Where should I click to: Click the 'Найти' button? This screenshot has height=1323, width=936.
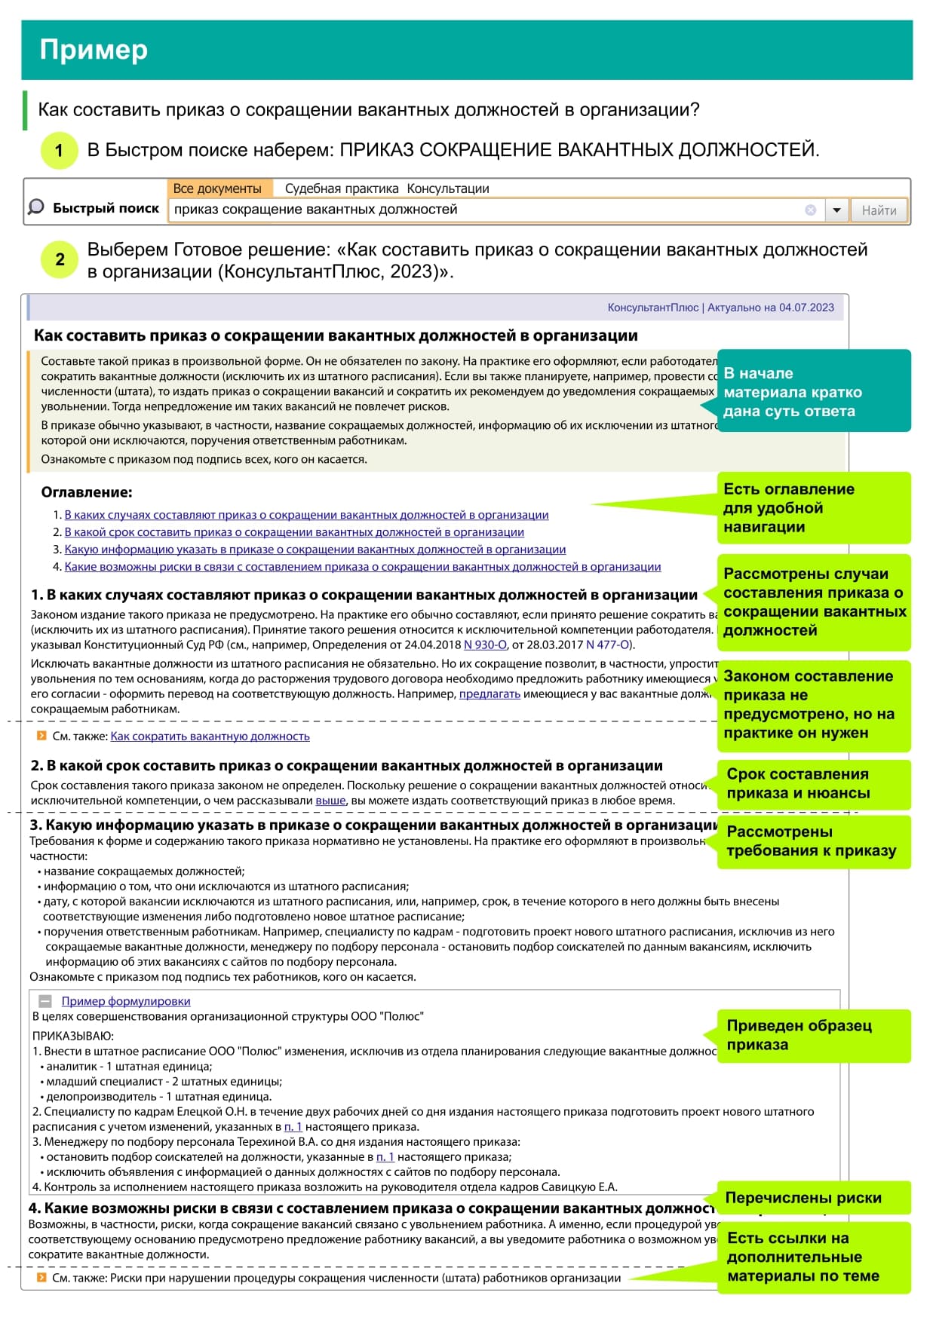[879, 210]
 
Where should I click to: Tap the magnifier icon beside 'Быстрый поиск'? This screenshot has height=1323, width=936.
[35, 207]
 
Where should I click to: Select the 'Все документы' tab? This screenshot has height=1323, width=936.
[217, 188]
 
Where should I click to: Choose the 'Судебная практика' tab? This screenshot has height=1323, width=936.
[341, 188]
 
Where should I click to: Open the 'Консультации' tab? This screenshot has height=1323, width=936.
[448, 188]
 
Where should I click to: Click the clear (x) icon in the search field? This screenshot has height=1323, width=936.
[811, 210]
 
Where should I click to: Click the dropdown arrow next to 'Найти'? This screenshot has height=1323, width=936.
[836, 210]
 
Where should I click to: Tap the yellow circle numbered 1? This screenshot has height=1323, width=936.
[59, 150]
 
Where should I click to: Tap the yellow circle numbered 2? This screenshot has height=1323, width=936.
[59, 260]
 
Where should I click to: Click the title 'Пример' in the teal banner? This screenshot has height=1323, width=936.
[94, 50]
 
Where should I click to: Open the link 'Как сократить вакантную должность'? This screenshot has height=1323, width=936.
[210, 737]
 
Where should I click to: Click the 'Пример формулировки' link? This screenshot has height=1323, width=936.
[126, 1001]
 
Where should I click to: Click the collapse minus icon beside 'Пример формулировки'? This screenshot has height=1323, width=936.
[45, 1001]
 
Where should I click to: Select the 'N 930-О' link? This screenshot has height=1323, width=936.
[485, 645]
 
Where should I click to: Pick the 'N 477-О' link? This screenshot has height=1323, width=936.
[608, 645]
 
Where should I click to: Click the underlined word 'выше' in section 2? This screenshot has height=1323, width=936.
[330, 801]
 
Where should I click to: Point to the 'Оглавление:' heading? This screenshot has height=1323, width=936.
[87, 492]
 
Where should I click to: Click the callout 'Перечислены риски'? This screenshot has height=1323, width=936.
[803, 1198]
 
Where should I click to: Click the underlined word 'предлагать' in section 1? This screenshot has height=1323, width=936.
[489, 694]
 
